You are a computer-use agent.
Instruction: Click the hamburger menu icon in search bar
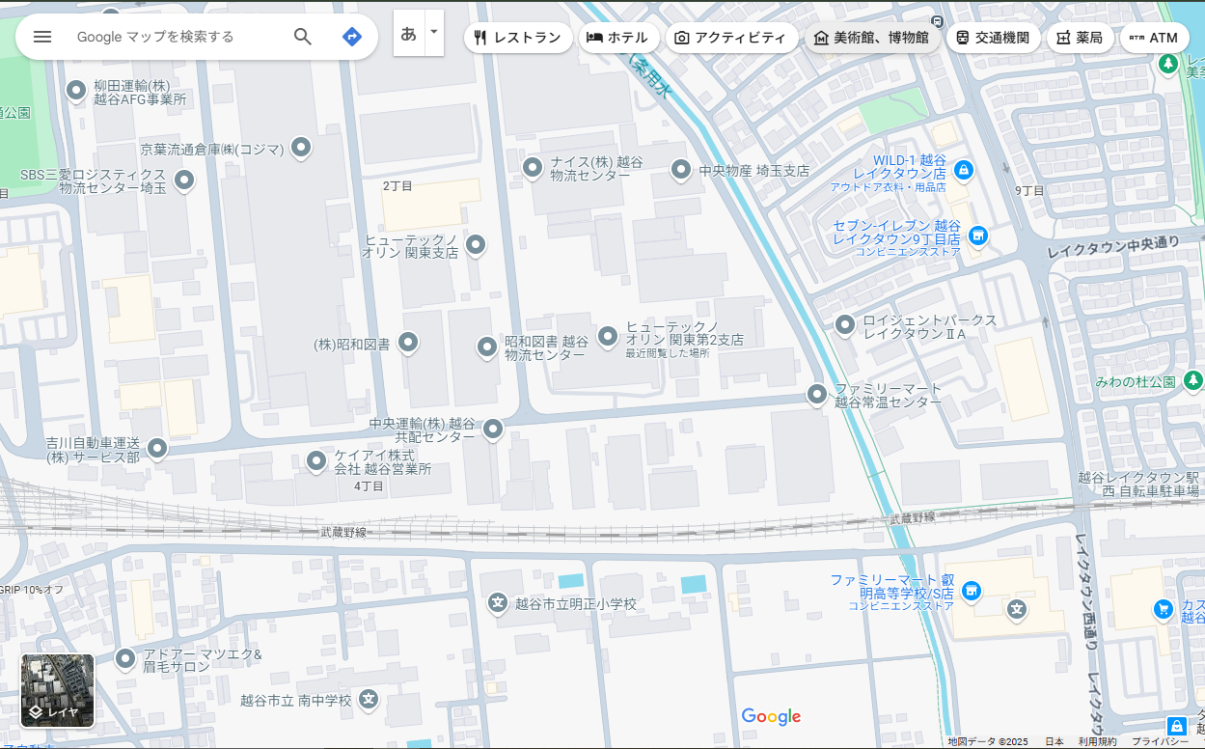tap(42, 37)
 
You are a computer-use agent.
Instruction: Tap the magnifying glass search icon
tap(303, 37)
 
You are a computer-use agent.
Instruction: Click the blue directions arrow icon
tap(352, 37)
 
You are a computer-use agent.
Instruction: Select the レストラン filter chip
tap(518, 38)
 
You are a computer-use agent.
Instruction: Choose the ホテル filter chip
tap(618, 38)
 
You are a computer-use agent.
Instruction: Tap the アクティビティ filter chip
tap(730, 38)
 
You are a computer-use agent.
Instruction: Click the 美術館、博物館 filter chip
tap(871, 38)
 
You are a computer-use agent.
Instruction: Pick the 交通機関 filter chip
tap(993, 38)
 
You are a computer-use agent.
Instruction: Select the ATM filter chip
tap(1154, 38)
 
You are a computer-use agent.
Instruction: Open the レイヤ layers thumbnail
tap(58, 690)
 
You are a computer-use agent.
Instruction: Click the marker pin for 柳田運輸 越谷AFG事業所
tap(76, 91)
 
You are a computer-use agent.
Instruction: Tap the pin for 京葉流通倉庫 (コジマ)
tap(301, 147)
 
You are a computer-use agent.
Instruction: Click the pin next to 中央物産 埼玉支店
tap(681, 170)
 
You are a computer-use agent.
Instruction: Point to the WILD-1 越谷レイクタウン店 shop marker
tap(962, 170)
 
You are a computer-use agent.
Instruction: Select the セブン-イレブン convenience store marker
tap(978, 235)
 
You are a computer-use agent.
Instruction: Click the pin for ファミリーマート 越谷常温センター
tap(817, 394)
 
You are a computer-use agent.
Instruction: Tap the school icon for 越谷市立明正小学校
tap(498, 603)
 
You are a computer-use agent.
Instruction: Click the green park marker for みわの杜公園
tap(1193, 380)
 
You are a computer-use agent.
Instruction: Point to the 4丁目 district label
tap(369, 485)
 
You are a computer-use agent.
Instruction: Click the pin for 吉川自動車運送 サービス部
tap(156, 448)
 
